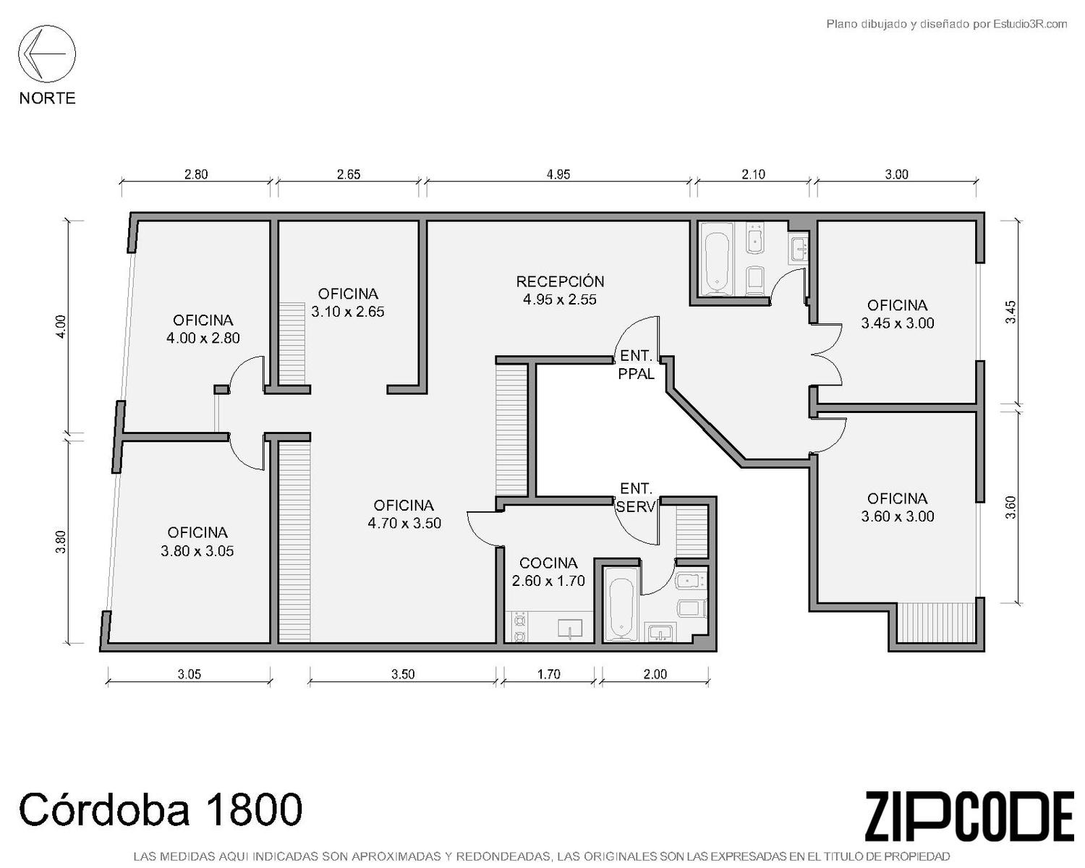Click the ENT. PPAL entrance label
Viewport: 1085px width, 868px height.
[x=636, y=364]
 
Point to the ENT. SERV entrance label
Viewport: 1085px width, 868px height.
[x=636, y=498]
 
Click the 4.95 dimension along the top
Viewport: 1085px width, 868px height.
[x=558, y=174]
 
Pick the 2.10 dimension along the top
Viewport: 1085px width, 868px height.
[x=753, y=174]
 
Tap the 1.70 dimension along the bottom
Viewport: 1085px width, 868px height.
[x=548, y=674]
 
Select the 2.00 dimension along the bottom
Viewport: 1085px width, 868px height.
[x=655, y=674]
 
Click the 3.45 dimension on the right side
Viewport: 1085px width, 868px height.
[x=1010, y=312]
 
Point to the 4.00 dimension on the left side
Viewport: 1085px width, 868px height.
[x=61, y=326]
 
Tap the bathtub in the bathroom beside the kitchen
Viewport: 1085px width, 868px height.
[x=621, y=609]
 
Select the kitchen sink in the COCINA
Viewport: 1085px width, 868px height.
[x=570, y=629]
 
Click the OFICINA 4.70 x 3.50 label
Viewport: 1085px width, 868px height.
[x=404, y=514]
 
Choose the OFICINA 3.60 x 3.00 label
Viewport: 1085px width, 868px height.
[x=898, y=507]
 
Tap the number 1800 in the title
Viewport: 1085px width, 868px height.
[x=255, y=809]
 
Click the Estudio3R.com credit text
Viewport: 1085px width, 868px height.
[x=1030, y=24]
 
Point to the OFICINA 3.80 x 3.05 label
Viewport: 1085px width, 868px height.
[x=197, y=542]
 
